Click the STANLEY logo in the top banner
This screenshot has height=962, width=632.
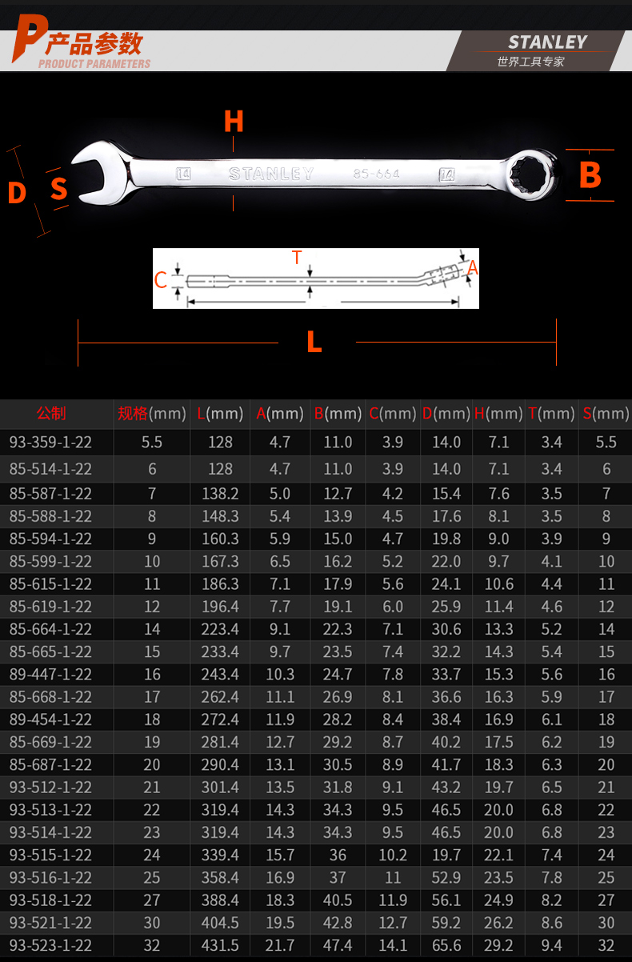click(547, 42)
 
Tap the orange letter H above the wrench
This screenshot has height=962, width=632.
click(234, 121)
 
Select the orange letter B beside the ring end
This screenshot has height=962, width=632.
click(590, 175)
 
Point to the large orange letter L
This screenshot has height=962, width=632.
click(314, 342)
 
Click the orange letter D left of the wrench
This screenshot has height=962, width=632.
click(17, 192)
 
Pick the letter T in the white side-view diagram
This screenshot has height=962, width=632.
click(297, 258)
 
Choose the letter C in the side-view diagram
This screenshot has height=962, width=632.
click(160, 280)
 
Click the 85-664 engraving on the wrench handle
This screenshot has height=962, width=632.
click(376, 174)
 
